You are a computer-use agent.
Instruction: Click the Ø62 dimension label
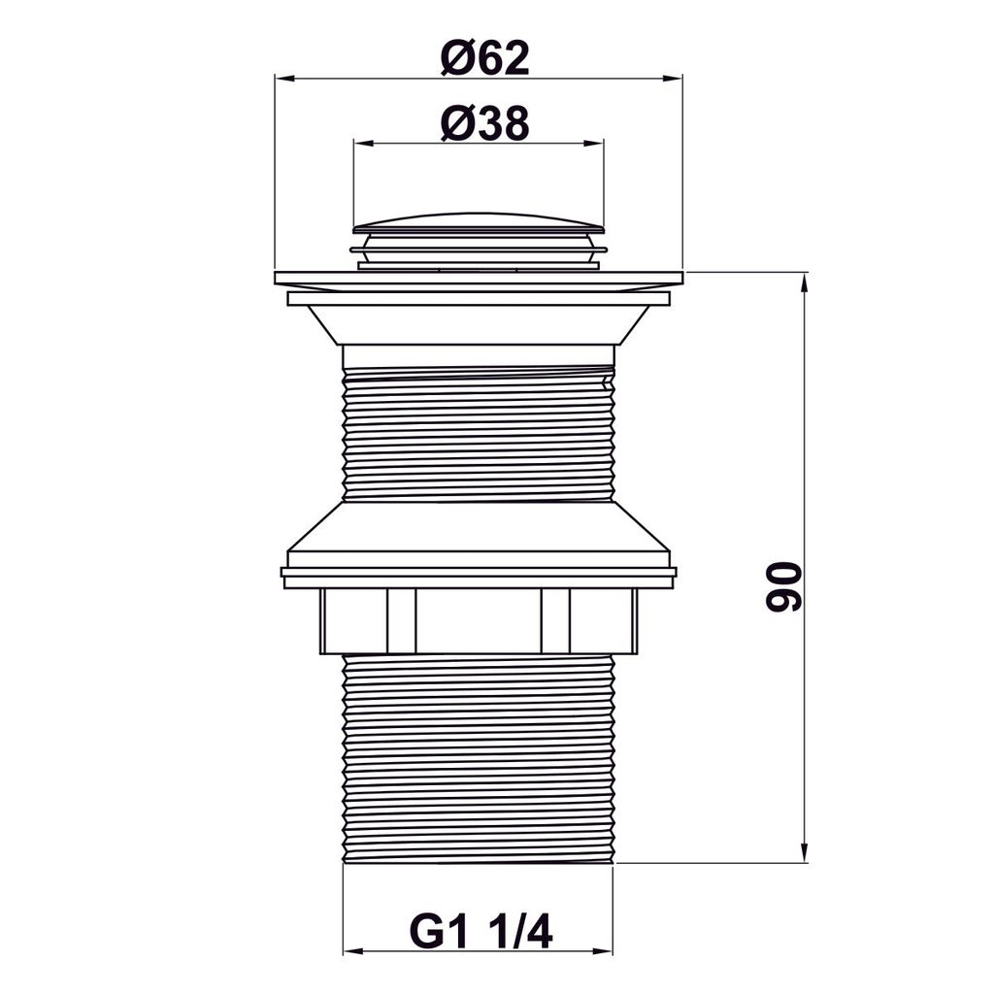(485, 57)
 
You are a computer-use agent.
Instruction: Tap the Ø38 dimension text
(485, 123)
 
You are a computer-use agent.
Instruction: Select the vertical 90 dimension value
(783, 586)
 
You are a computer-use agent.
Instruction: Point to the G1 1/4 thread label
(481, 932)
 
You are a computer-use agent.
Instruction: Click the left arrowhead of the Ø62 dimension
(284, 79)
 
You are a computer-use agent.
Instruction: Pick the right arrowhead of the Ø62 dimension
(673, 79)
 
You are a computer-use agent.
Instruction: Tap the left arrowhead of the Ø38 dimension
(364, 144)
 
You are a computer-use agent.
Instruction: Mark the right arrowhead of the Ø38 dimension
(594, 144)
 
